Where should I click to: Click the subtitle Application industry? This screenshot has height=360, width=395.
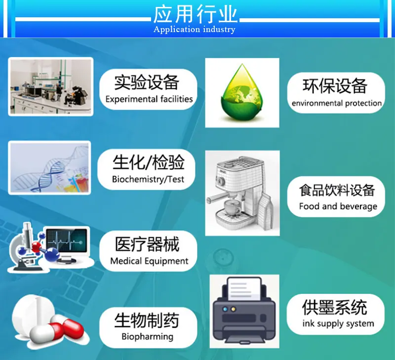tap(195, 30)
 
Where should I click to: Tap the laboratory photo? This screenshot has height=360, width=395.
tap(50, 86)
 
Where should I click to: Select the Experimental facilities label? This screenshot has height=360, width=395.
tap(149, 99)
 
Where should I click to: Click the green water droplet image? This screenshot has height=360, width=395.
tap(242, 92)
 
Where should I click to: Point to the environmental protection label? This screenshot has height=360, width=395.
tap(336, 103)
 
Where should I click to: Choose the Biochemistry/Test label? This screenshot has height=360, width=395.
tap(148, 179)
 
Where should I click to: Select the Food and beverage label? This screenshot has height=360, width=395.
tap(338, 206)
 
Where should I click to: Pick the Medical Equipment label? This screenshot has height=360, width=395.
tap(149, 261)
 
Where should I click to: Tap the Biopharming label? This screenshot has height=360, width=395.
tap(147, 337)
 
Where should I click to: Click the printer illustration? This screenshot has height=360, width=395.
tap(244, 311)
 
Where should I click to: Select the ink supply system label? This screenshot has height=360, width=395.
tap(338, 324)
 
